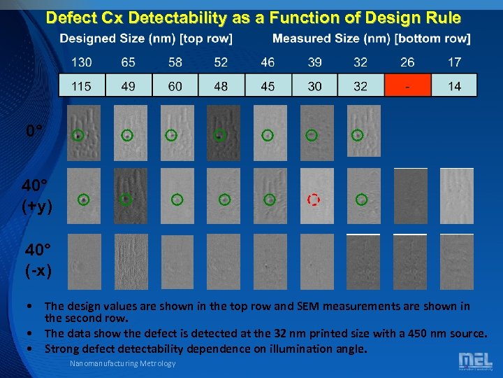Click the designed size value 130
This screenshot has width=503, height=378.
pyautogui.click(x=82, y=62)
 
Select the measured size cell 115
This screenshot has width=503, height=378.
pyautogui.click(x=82, y=85)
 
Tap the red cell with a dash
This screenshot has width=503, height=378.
pyautogui.click(x=407, y=85)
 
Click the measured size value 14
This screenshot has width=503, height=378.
pyautogui.click(x=454, y=85)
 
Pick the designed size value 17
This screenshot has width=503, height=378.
pyautogui.click(x=454, y=62)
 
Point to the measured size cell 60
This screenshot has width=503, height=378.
pyautogui.click(x=175, y=85)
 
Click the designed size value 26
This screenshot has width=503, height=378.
pyautogui.click(x=407, y=62)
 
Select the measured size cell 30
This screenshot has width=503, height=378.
pyautogui.click(x=314, y=85)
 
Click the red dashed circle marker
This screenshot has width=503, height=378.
pyautogui.click(x=314, y=200)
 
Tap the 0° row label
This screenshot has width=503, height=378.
pyautogui.click(x=36, y=131)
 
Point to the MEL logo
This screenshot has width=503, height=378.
pyautogui.click(x=474, y=360)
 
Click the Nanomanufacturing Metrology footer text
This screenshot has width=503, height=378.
pyautogui.click(x=123, y=363)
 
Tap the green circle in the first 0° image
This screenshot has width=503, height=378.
pyautogui.click(x=80, y=135)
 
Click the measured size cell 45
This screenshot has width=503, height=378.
pyautogui.click(x=268, y=85)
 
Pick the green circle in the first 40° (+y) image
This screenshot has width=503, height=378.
pyautogui.click(x=83, y=200)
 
